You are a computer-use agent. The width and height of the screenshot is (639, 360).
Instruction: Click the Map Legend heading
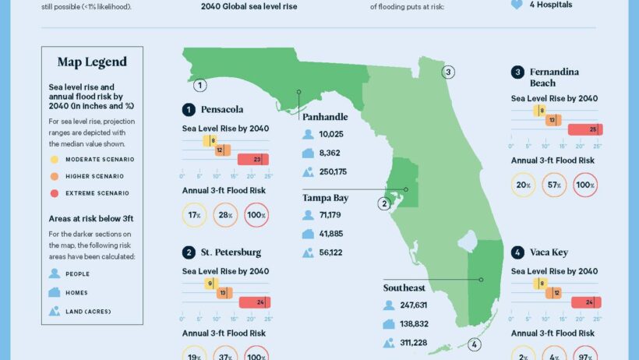pos(92,62)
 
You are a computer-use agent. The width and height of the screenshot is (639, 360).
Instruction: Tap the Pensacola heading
pos(221,109)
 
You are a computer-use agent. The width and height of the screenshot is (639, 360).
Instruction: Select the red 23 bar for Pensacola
pos(256,160)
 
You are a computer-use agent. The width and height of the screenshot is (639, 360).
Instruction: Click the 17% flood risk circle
pos(194,215)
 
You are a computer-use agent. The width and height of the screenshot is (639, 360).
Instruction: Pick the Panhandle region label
pos(325,117)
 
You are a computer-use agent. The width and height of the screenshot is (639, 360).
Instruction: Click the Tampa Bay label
pos(325,198)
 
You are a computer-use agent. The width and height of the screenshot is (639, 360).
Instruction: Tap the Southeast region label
pos(404,288)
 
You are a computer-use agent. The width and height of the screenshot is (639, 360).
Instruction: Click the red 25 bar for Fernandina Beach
pos(584,129)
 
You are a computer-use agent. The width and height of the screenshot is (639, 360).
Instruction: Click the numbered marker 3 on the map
pos(448,72)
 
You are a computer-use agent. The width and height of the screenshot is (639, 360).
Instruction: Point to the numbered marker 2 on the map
pos(383,204)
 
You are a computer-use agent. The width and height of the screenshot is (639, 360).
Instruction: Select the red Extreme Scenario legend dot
pos(54,193)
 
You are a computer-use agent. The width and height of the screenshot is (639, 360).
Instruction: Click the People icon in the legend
pos(55,274)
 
